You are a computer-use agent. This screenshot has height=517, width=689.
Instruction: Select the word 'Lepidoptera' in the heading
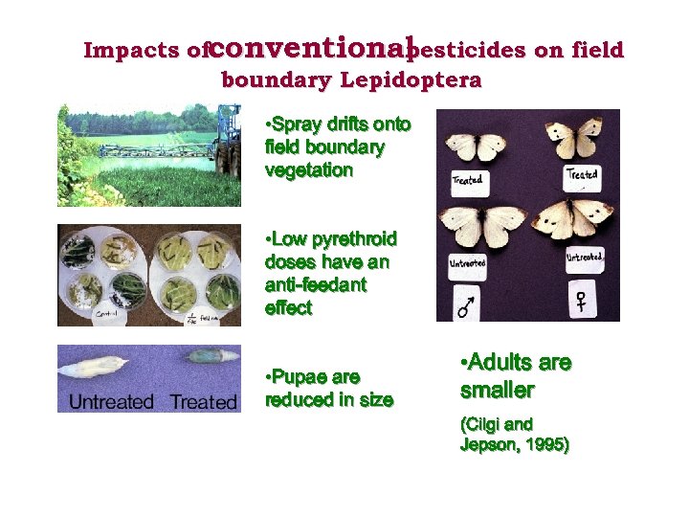point(418,80)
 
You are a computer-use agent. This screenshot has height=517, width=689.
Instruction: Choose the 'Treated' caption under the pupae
point(203,401)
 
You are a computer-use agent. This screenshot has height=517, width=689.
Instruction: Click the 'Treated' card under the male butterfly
point(467,179)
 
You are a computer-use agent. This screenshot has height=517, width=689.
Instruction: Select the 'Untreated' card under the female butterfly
point(585,257)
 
